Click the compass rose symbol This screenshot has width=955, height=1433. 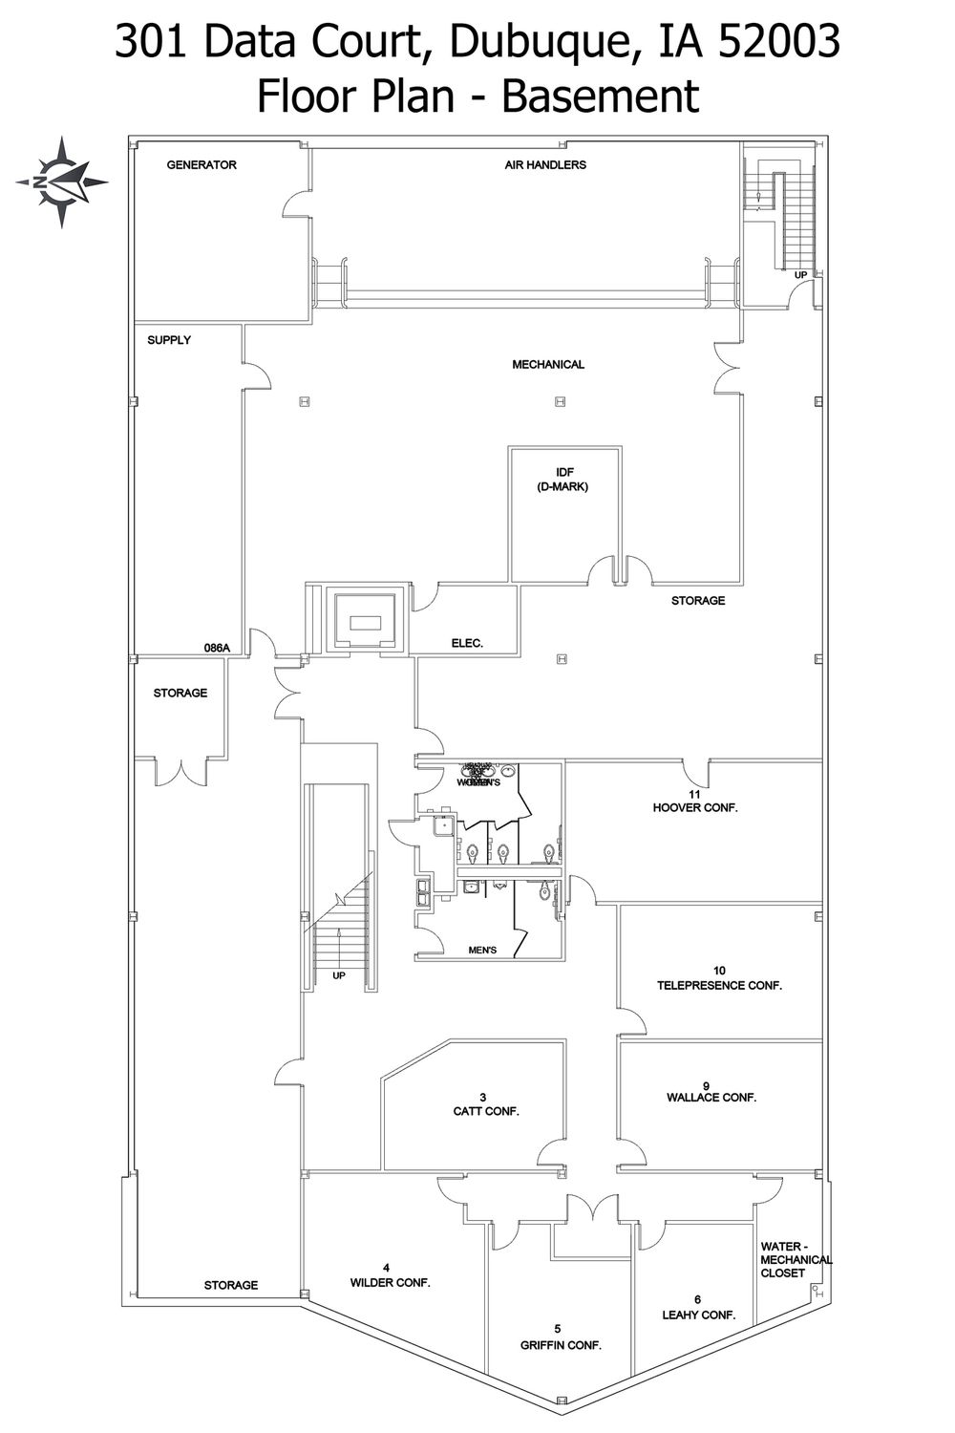coord(61,182)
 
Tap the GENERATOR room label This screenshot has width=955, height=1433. coord(202,165)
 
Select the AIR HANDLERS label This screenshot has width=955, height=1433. coord(545,165)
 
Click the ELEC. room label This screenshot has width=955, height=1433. coord(467,644)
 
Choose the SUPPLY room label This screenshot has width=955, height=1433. coord(169,340)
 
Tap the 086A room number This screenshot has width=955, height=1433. coord(218,648)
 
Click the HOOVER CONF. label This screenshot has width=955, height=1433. coord(695,807)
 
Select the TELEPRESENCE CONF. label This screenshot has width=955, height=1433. coord(719,985)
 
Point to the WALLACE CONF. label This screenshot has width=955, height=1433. coord(711,1098)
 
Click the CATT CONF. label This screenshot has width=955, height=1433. coord(486,1111)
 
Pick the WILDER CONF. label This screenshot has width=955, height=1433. coord(390,1282)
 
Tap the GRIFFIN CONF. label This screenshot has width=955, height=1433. coord(561,1345)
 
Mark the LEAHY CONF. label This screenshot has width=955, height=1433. coord(699,1315)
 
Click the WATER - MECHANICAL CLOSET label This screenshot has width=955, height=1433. coord(795,1259)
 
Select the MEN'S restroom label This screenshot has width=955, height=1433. coord(483,951)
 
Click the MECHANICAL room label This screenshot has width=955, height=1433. coord(548,365)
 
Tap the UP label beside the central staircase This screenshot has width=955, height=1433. coord(339,975)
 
